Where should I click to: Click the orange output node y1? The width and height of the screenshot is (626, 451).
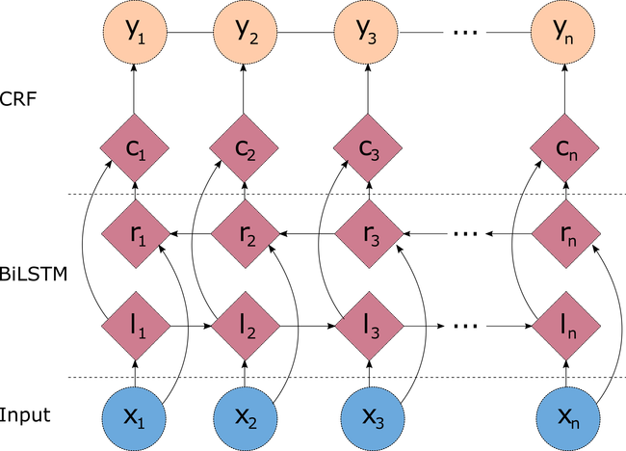coord(135,32)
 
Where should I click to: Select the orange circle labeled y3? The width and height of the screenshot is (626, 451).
coord(366,32)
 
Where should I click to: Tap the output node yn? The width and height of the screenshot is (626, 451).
coord(562,32)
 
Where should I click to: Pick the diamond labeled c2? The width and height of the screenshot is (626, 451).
coord(244,147)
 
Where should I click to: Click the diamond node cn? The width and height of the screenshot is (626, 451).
coord(565,147)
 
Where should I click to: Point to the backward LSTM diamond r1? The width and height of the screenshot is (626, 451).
coord(136,233)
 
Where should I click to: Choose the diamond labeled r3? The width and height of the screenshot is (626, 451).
coord(369,233)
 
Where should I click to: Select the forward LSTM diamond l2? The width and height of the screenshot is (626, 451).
coord(246,326)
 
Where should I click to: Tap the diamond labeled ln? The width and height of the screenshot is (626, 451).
coord(565,326)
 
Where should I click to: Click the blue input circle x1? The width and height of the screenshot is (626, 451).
coord(134,418)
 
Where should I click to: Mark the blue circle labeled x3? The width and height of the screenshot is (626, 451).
coord(373,418)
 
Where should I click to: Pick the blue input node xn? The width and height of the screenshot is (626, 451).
coord(568,418)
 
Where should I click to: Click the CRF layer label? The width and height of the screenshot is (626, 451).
coord(18,98)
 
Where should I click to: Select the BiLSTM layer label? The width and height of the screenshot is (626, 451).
coord(34,275)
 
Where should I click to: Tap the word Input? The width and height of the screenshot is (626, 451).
coord(25,415)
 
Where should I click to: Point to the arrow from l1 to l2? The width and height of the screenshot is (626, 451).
coord(191,326)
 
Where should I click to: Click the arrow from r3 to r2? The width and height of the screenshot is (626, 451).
coord(306,233)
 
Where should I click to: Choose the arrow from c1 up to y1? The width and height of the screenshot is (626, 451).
coord(134,89)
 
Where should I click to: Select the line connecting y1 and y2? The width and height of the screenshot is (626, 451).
coord(191,32)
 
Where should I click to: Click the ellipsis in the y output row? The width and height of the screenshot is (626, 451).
coord(465,32)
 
